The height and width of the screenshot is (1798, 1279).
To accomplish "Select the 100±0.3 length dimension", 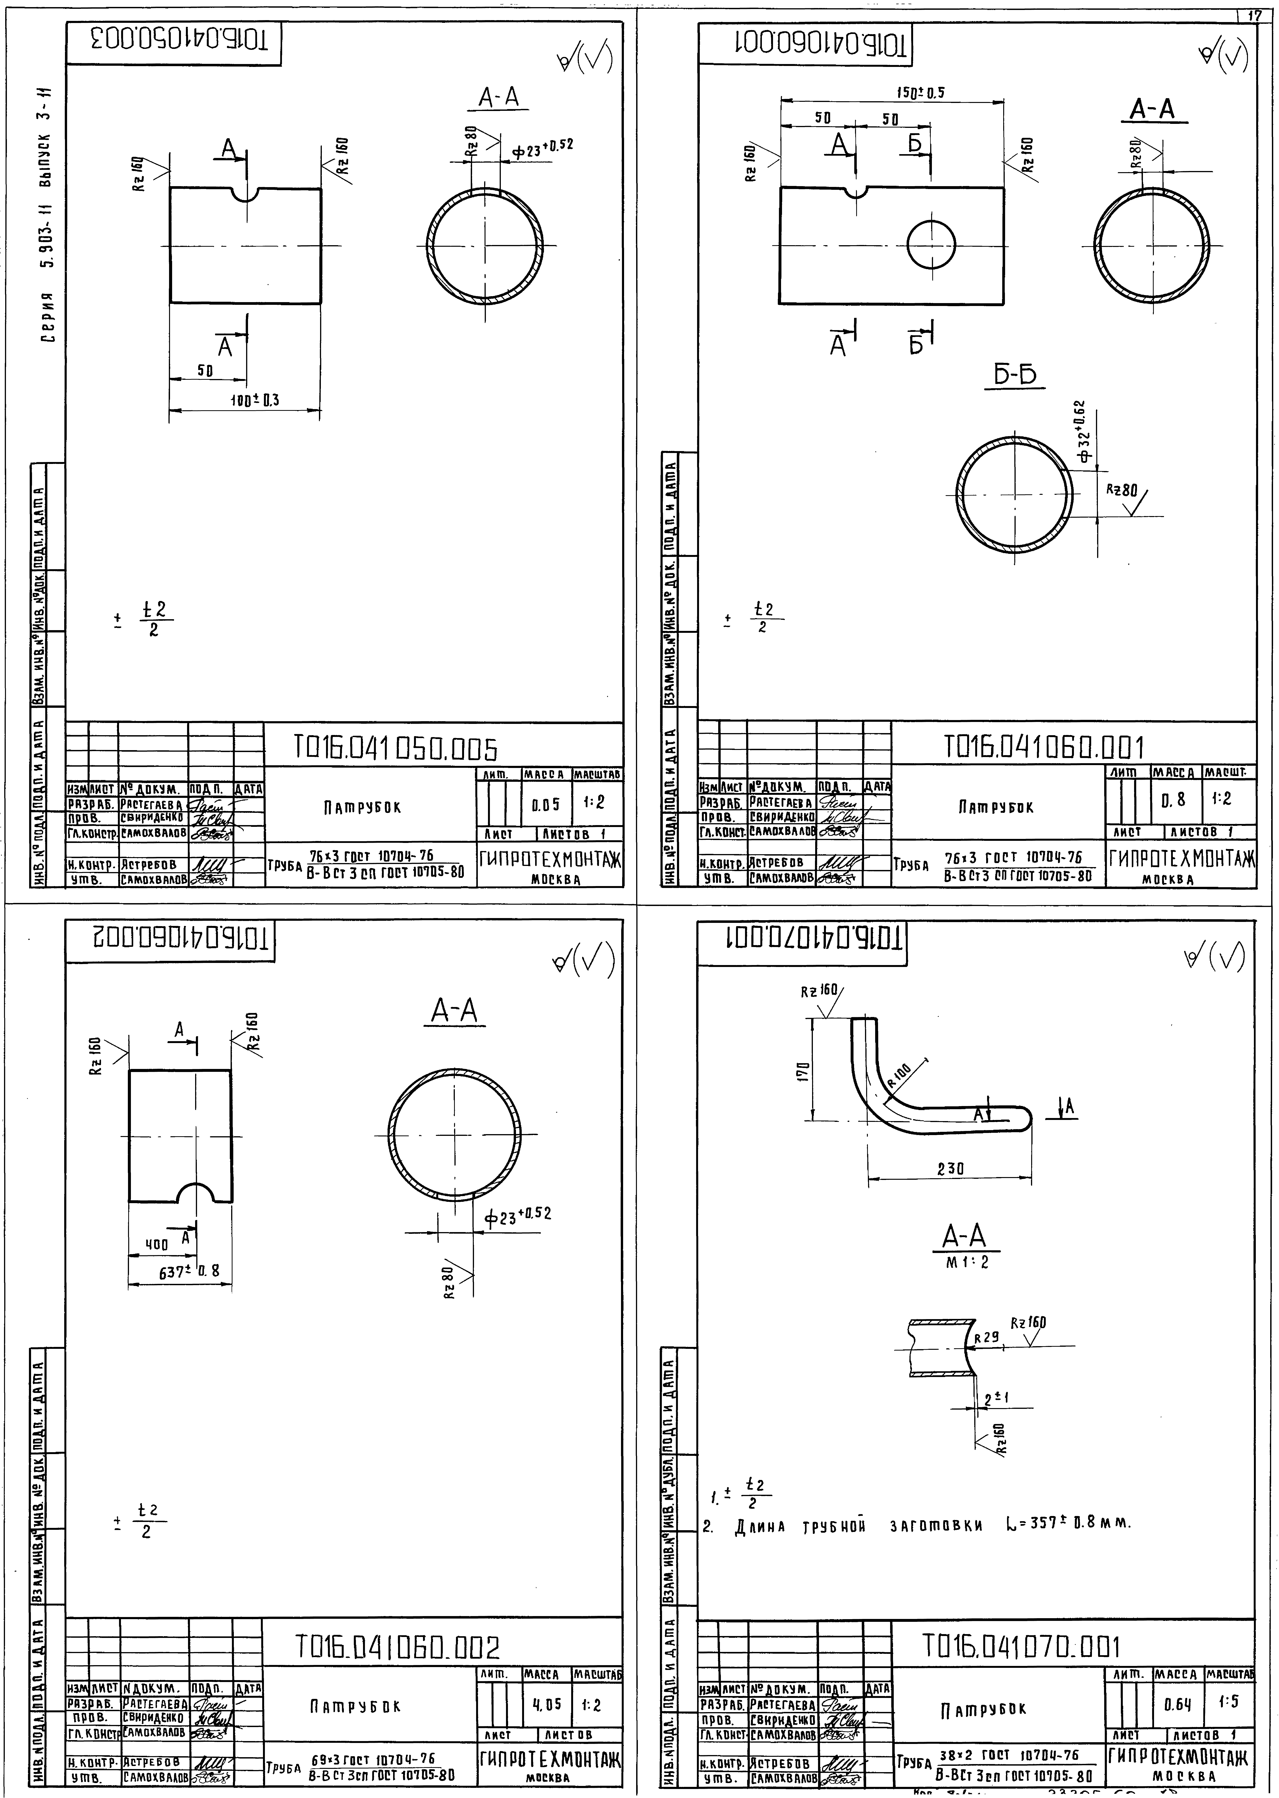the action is click(x=254, y=400).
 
